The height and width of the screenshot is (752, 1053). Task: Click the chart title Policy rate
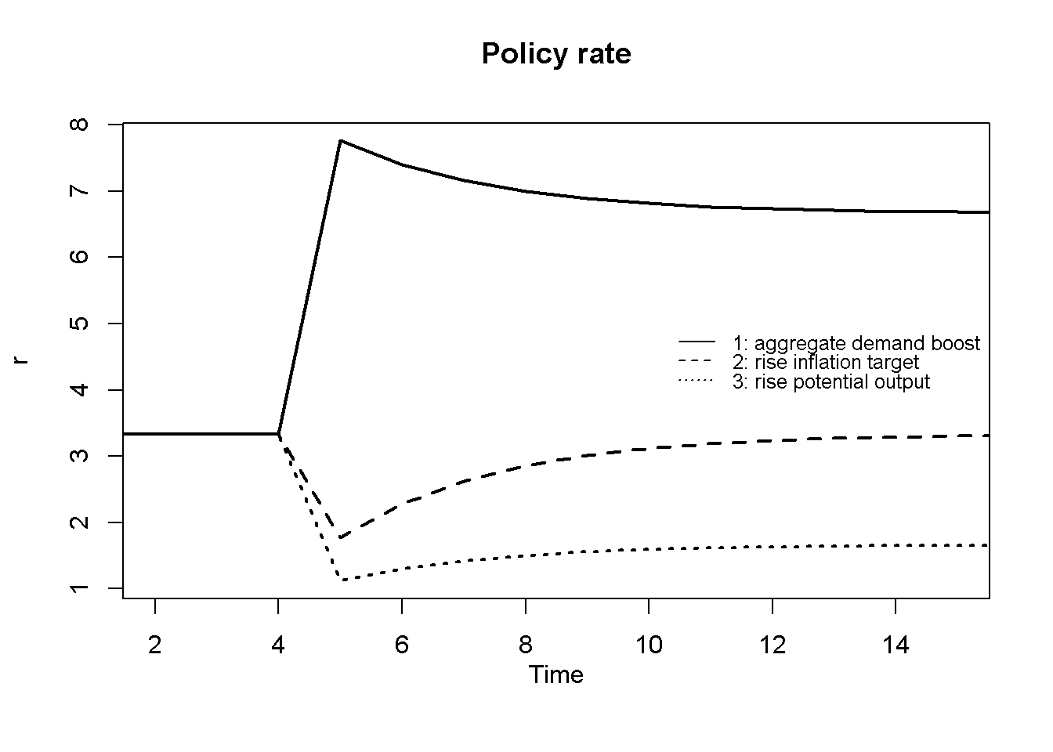tap(555, 54)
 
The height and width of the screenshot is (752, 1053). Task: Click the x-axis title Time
tap(555, 674)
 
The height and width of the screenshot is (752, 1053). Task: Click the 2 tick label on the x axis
tap(155, 646)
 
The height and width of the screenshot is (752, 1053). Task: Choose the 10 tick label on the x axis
tap(649, 646)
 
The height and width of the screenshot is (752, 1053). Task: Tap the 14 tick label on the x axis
tap(896, 646)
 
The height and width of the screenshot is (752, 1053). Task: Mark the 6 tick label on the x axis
tap(402, 646)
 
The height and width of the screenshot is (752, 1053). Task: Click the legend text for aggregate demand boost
tap(856, 343)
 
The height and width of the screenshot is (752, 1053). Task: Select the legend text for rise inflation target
tap(826, 363)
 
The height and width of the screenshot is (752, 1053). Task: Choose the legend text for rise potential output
tap(831, 381)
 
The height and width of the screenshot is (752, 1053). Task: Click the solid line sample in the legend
tap(697, 342)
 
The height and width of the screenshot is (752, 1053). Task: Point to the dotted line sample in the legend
tap(697, 381)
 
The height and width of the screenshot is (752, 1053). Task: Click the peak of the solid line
tap(340, 141)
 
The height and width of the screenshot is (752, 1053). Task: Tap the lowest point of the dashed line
tap(340, 537)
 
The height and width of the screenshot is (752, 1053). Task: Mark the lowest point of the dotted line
tap(340, 580)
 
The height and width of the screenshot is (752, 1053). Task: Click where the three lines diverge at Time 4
tap(279, 434)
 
